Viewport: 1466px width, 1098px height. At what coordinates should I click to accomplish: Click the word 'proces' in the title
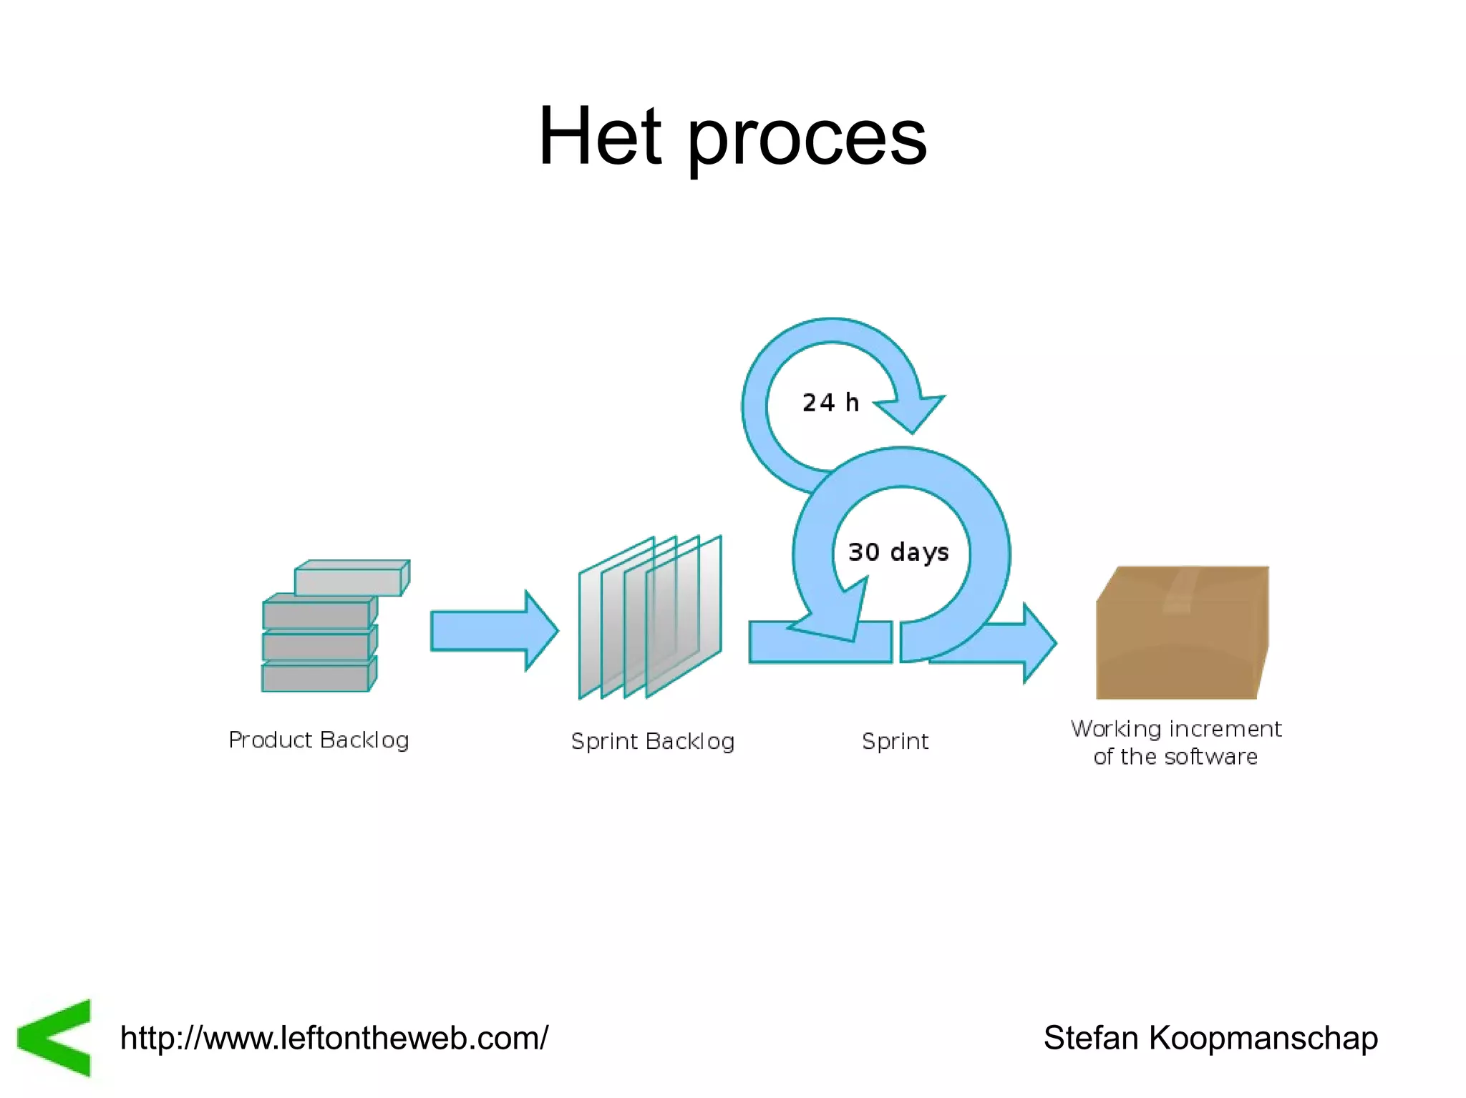pyautogui.click(x=807, y=139)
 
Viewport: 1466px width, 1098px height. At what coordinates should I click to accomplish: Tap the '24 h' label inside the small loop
pyautogui.click(x=830, y=403)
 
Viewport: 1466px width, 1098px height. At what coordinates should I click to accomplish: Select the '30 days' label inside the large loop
pyautogui.click(x=898, y=552)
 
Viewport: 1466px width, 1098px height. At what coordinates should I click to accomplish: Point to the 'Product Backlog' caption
pyautogui.click(x=319, y=740)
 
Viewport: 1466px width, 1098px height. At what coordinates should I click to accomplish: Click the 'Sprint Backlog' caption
pyautogui.click(x=653, y=741)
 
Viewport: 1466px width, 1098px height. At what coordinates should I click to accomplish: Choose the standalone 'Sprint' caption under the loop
pyautogui.click(x=895, y=741)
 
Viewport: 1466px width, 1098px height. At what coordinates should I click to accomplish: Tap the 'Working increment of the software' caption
pyautogui.click(x=1176, y=742)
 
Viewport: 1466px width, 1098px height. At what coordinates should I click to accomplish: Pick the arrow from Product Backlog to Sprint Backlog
pyautogui.click(x=494, y=631)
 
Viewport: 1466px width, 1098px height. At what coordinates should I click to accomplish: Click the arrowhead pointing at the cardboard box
pyautogui.click(x=1038, y=642)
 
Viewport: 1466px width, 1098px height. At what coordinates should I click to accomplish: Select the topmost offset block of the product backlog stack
pyautogui.click(x=351, y=578)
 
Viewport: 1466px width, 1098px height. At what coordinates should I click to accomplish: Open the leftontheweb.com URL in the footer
pyautogui.click(x=334, y=1038)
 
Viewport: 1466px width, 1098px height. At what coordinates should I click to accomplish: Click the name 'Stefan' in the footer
pyautogui.click(x=1091, y=1038)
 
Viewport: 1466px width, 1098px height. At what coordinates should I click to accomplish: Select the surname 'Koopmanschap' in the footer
pyautogui.click(x=1263, y=1038)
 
